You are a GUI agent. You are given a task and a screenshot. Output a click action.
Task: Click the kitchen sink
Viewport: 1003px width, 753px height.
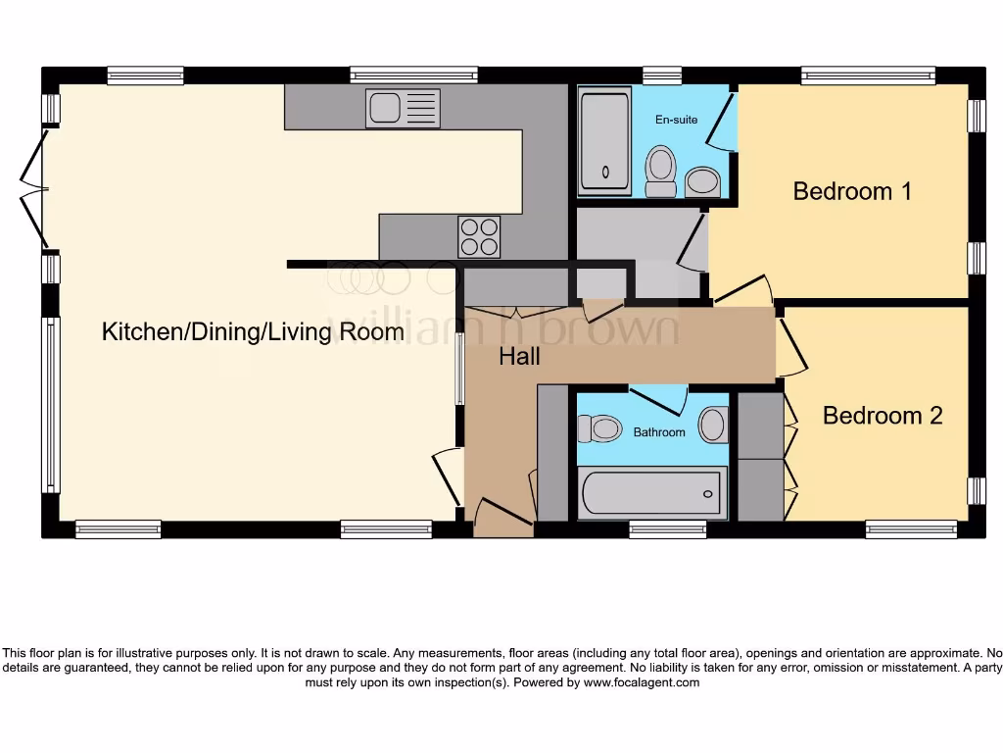(403, 107)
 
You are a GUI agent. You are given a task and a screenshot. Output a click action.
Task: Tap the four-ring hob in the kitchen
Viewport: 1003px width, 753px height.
(479, 236)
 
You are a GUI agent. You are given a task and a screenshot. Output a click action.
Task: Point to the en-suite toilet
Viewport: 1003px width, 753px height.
(662, 171)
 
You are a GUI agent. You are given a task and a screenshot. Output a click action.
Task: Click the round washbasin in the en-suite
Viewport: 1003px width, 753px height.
(702, 179)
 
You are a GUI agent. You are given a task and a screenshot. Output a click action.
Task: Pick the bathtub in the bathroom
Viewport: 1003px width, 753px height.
(651, 493)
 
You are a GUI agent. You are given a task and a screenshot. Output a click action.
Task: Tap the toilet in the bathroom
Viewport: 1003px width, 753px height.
(600, 428)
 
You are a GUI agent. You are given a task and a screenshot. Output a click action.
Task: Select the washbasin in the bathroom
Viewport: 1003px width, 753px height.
(712, 426)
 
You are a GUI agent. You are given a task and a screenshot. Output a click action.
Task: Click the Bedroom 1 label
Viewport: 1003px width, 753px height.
(852, 191)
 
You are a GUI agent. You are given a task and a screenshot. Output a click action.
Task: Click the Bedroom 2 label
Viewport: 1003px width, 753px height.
(883, 416)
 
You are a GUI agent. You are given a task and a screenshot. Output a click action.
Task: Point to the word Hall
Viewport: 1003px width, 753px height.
(519, 357)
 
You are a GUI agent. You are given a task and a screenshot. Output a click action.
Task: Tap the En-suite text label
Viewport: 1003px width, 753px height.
(676, 120)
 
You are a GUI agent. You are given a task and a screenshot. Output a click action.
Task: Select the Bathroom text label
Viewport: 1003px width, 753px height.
(659, 432)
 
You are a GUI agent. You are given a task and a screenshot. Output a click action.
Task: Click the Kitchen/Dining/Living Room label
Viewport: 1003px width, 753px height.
(253, 332)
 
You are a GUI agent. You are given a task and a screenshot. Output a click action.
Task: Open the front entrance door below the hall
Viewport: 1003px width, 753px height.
(502, 516)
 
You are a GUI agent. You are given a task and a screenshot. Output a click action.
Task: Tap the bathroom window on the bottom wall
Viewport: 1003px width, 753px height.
(667, 529)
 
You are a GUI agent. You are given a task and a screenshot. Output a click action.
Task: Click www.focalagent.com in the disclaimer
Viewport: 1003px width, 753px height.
(642, 682)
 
